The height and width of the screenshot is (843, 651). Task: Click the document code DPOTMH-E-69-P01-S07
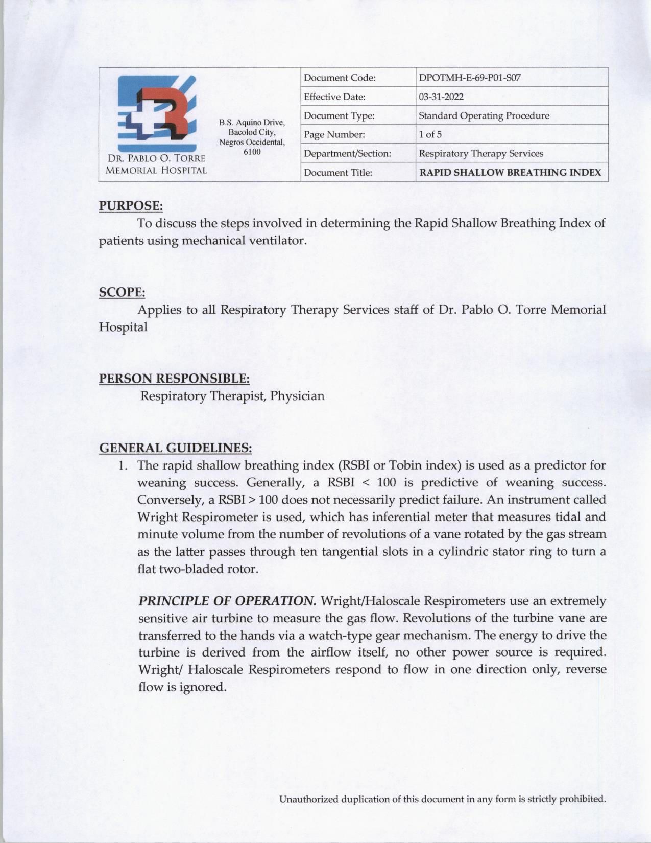(469, 78)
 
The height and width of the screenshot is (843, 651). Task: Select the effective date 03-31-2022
(441, 97)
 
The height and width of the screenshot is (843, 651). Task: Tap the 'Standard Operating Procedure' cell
(484, 116)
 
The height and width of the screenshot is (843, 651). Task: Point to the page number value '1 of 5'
(430, 135)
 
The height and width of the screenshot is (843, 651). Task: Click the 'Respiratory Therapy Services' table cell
(480, 154)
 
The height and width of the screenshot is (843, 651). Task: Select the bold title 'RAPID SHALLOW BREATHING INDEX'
(510, 173)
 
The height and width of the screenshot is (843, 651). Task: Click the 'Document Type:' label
(339, 116)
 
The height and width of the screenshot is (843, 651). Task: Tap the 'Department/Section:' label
(347, 154)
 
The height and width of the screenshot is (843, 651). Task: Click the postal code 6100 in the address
(252, 152)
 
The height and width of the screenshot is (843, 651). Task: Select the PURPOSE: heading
(131, 206)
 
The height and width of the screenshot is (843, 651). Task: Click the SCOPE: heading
(122, 292)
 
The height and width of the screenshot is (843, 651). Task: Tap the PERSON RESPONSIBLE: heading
(174, 379)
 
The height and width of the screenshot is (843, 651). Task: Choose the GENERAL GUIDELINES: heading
(175, 448)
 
